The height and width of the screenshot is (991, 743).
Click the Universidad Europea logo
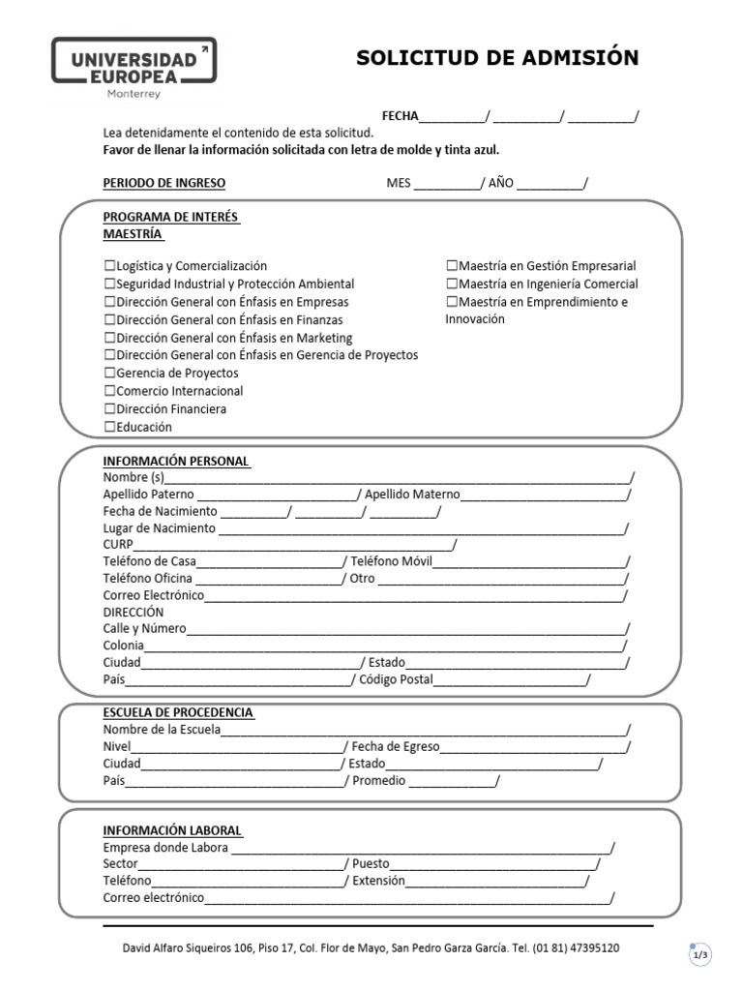coord(134,68)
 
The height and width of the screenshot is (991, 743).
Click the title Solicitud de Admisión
coord(497,58)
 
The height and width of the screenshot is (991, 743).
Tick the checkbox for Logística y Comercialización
coord(109,266)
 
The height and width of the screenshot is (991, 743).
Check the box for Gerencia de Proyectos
coord(109,374)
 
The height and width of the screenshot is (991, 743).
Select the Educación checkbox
coord(109,427)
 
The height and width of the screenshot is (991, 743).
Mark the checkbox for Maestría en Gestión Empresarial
coord(452,266)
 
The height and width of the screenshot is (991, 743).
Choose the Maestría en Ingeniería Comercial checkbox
coord(452,285)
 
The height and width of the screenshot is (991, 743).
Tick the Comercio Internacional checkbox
coord(109,392)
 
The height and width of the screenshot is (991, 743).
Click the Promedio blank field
coord(452,782)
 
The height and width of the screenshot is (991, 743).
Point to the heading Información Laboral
coord(173,831)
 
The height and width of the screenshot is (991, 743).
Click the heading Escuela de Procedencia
coord(178,713)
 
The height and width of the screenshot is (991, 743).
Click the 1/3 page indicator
coord(699,955)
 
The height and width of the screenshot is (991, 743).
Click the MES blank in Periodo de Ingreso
coord(446,184)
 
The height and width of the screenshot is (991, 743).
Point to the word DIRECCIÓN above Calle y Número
coord(134,613)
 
